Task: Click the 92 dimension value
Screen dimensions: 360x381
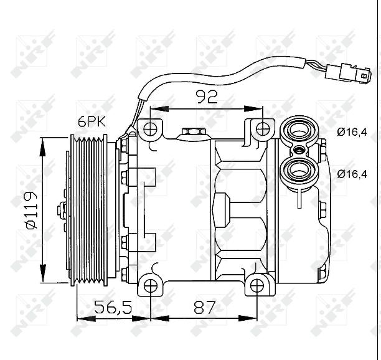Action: click(x=206, y=97)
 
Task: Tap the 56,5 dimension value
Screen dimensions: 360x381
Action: click(x=112, y=307)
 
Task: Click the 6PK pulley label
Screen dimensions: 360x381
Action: click(x=92, y=122)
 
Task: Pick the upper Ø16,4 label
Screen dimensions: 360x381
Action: click(x=352, y=131)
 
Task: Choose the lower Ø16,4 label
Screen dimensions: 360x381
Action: click(x=352, y=174)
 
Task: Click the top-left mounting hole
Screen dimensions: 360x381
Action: click(x=150, y=130)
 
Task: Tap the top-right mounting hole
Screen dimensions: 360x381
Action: click(x=264, y=130)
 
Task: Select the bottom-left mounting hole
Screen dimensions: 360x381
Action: click(x=150, y=286)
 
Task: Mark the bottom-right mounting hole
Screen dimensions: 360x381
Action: click(x=258, y=286)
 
